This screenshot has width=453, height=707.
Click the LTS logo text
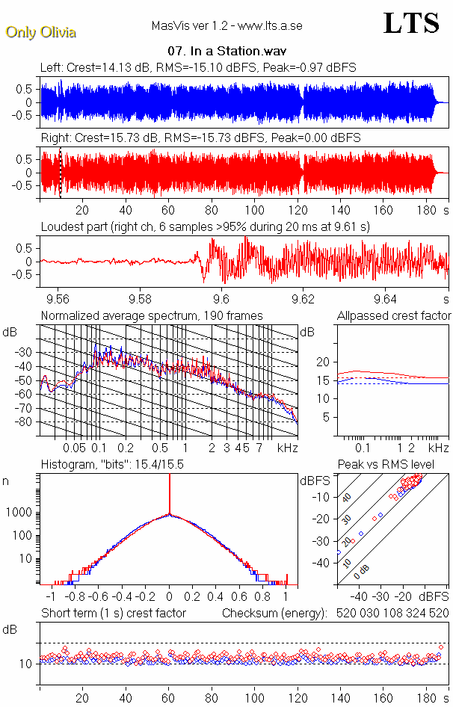411,23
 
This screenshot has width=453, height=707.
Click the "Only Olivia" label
40,32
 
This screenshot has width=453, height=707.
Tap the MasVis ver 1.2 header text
226,26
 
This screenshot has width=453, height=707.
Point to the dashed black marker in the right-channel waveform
61,173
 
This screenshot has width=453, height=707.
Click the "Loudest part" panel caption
206,226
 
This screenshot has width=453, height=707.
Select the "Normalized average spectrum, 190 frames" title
152,315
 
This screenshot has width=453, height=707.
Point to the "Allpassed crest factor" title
394,315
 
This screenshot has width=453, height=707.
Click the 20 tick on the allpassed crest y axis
323,362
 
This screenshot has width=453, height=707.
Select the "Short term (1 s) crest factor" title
113,613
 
